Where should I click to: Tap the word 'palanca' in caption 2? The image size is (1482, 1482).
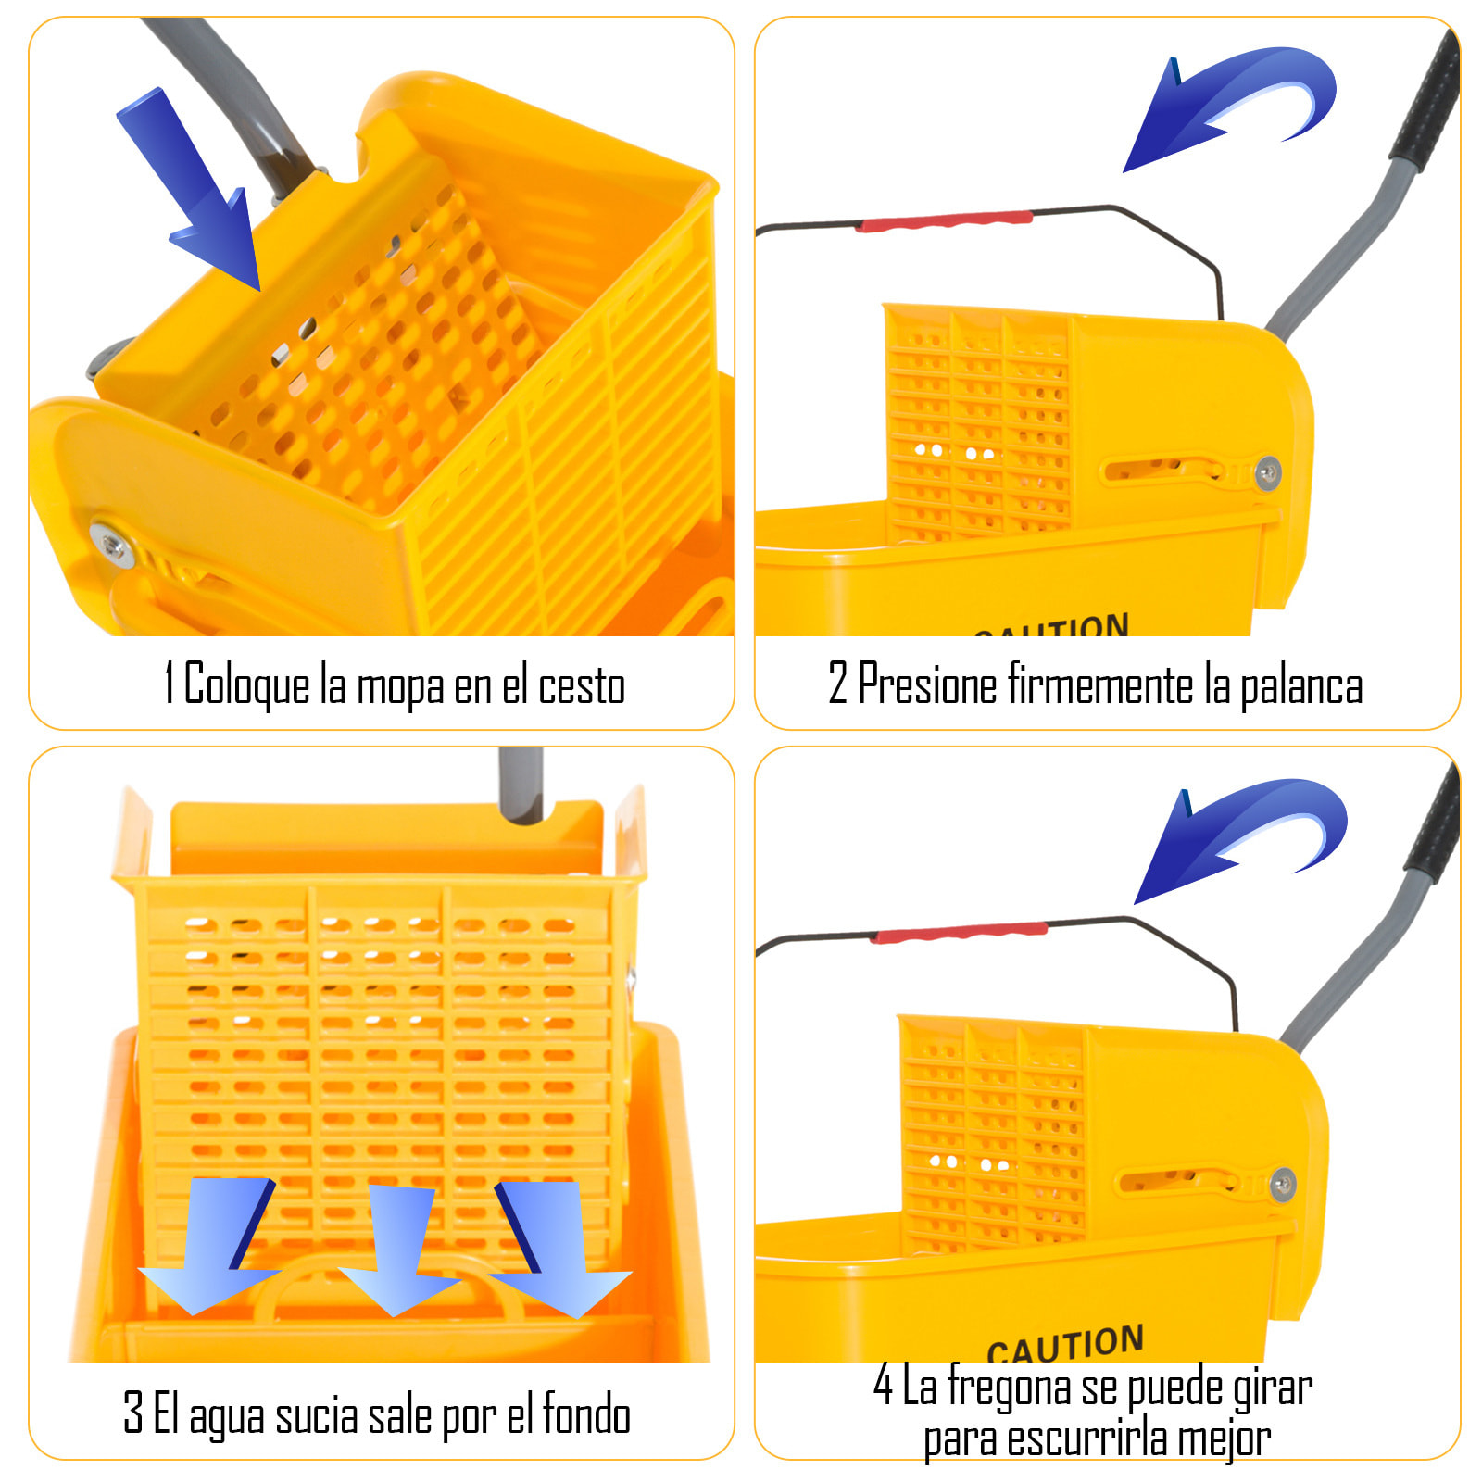[x=1301, y=686]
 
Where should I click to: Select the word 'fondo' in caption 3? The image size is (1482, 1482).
[x=586, y=1414]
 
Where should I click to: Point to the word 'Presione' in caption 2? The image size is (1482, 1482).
[x=927, y=684]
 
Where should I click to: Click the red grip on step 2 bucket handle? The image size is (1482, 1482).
[x=945, y=220]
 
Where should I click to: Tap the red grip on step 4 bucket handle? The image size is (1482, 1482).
[x=959, y=932]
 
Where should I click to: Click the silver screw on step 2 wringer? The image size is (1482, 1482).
[x=1268, y=473]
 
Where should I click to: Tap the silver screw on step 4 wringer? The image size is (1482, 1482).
[x=1283, y=1184]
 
